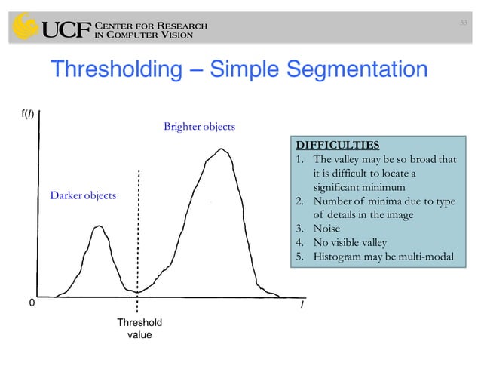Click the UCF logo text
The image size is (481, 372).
tap(66, 31)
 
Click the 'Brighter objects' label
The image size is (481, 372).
tap(199, 126)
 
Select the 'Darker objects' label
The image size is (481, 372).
tap(83, 196)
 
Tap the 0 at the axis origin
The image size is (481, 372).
tap(31, 303)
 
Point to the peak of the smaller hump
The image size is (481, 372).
tap(98, 226)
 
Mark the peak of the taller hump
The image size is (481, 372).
tap(220, 149)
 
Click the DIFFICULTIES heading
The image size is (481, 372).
tap(337, 144)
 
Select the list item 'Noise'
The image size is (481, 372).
tap(326, 228)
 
